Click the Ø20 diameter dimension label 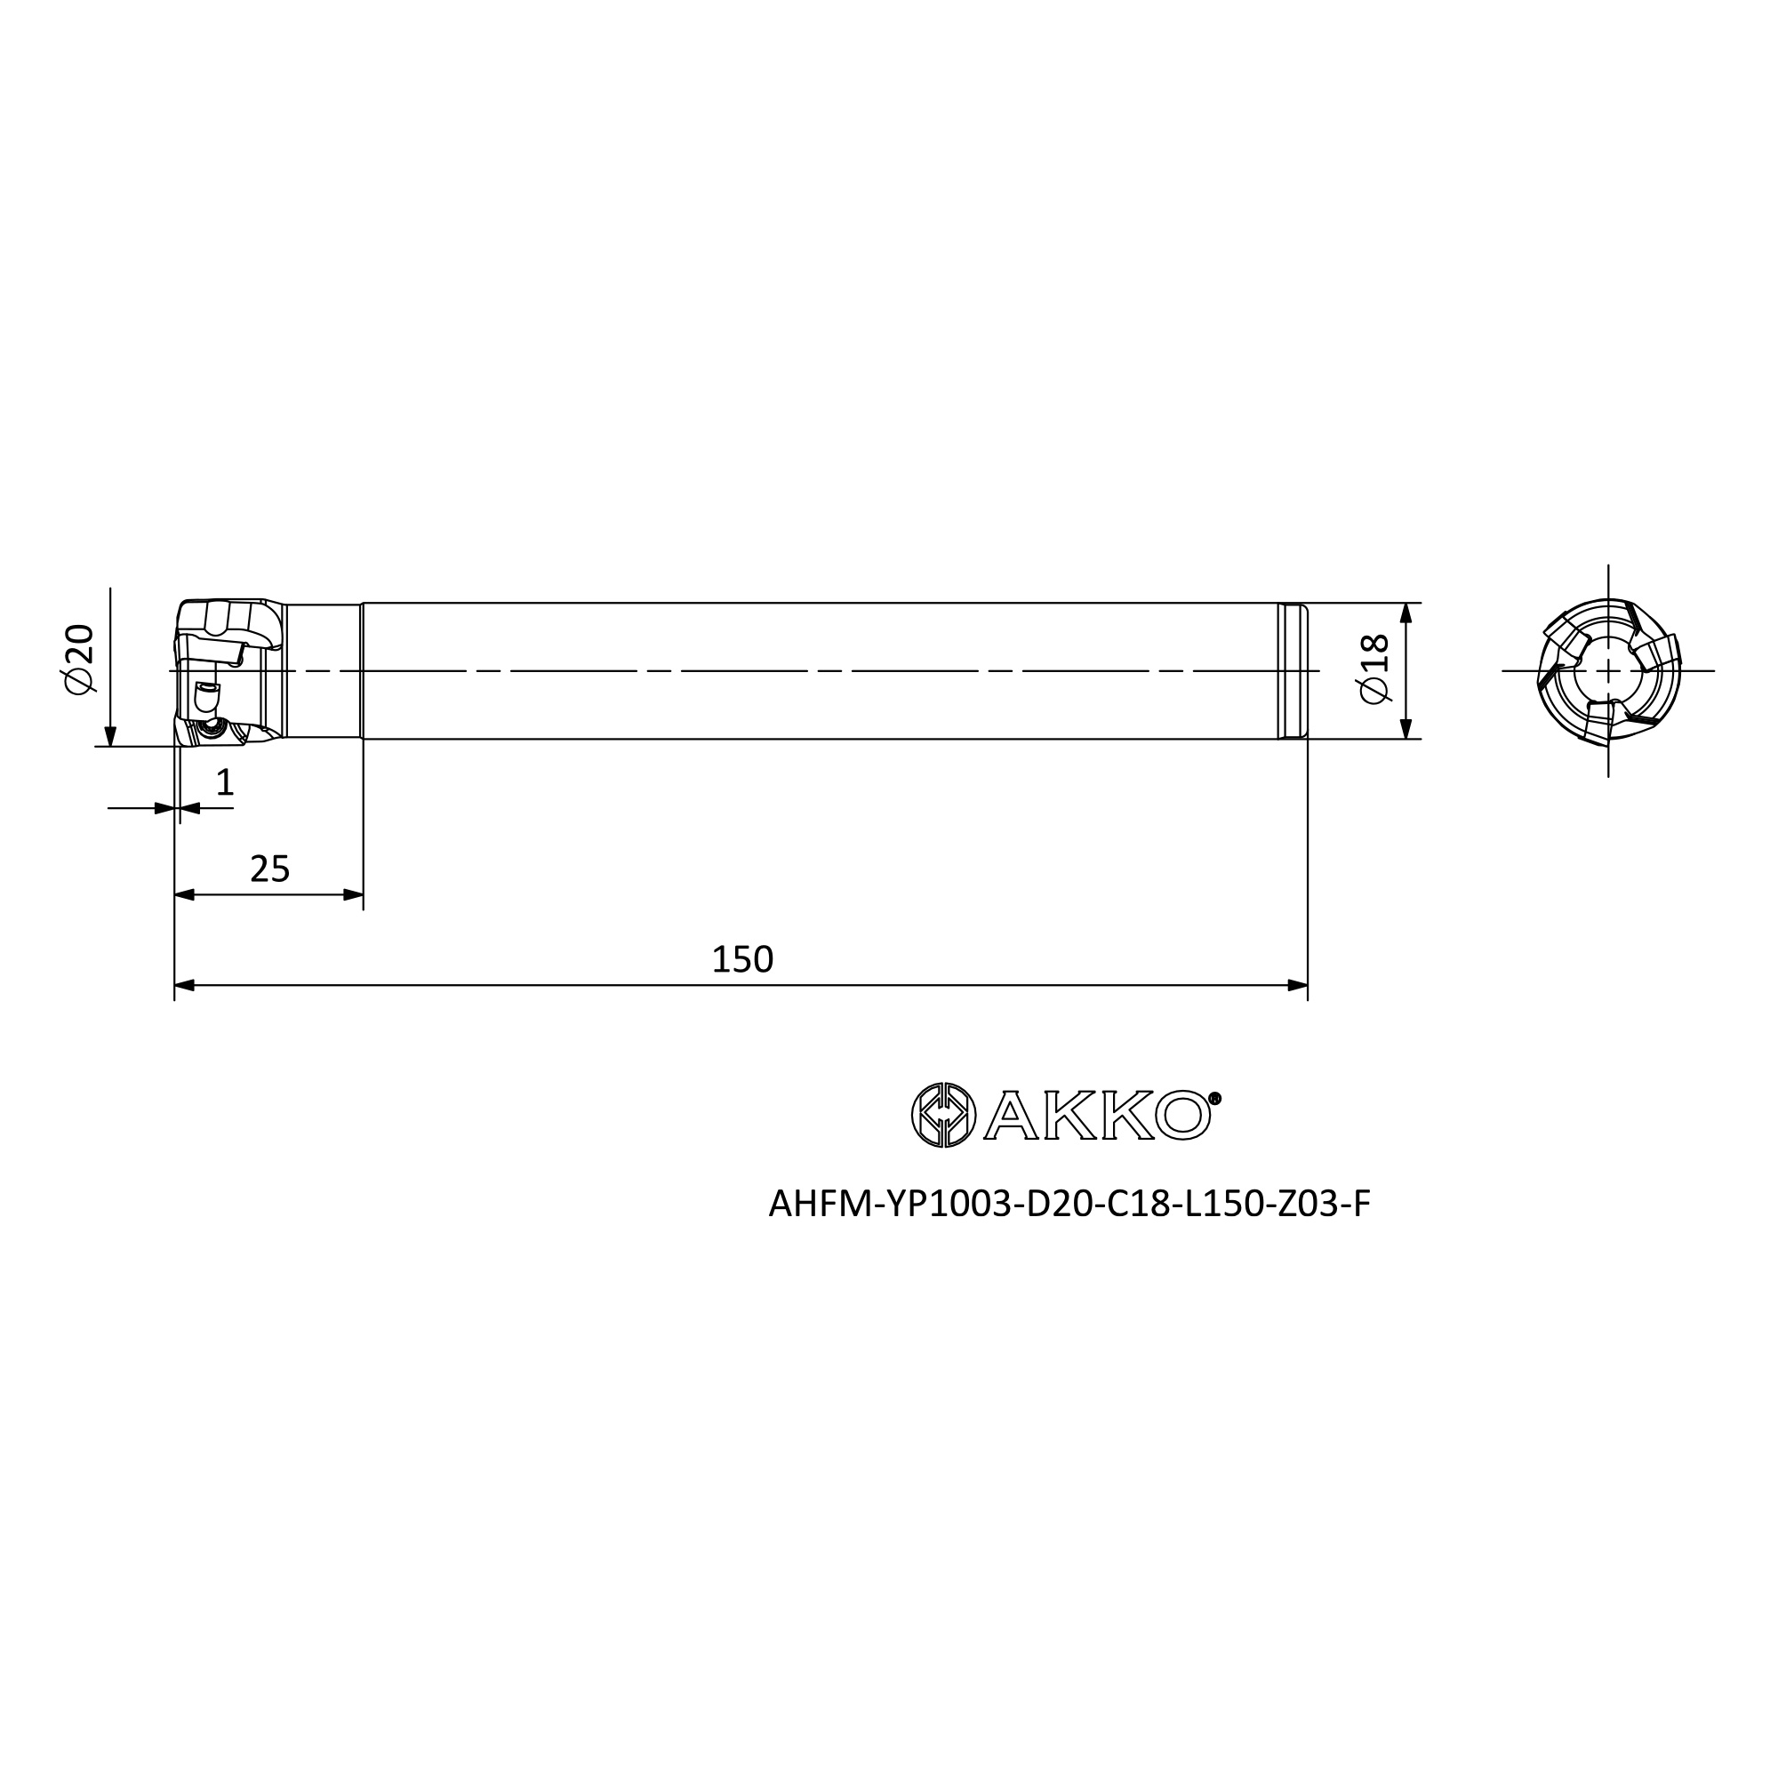click(79, 659)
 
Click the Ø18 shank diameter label click(1374, 669)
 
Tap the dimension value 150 click(742, 960)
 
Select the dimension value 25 click(269, 869)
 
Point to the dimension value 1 click(225, 783)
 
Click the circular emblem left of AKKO click(943, 1116)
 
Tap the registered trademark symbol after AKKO click(1214, 1098)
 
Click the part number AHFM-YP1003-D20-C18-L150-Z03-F click(1069, 1204)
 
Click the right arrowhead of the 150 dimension click(1298, 986)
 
